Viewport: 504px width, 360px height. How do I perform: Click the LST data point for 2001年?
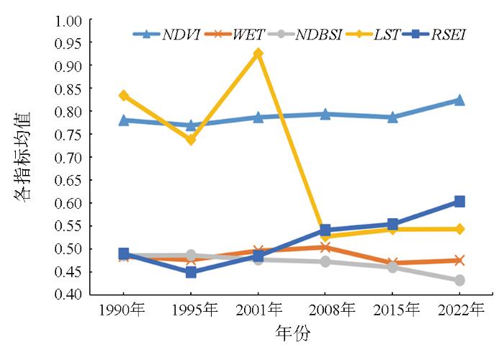click(258, 53)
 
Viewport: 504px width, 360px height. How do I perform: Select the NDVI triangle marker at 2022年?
click(459, 100)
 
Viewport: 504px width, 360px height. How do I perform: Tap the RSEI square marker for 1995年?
click(191, 272)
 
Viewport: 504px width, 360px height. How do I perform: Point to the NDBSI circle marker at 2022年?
click(459, 280)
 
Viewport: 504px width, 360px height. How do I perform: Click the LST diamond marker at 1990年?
click(124, 95)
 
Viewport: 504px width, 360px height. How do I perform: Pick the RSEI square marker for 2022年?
click(459, 202)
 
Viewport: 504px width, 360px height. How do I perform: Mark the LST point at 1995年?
click(191, 140)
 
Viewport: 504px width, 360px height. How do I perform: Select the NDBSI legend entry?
click(310, 34)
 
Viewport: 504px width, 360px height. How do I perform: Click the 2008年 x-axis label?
click(325, 310)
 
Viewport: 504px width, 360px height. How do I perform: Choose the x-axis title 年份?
click(293, 334)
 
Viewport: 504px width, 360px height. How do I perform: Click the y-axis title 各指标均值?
click(23, 157)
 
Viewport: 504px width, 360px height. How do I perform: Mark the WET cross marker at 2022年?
click(459, 261)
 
